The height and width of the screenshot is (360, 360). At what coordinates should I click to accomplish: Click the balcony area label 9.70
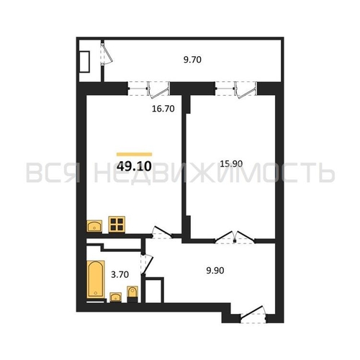192,60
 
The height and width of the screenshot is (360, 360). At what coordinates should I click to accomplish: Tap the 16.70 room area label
163,109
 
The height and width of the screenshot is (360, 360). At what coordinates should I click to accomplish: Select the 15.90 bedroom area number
231,164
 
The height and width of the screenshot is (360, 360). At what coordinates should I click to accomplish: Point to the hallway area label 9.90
215,271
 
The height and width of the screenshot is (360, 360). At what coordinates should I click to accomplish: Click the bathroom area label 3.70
120,274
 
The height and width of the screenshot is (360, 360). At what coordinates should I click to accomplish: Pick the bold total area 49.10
134,166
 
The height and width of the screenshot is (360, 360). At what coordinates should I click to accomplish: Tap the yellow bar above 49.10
134,154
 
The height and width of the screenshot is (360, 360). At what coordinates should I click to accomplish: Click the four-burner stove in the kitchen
117,225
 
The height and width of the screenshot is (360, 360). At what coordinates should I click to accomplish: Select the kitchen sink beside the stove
94,226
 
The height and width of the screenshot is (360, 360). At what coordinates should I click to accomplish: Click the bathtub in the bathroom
96,279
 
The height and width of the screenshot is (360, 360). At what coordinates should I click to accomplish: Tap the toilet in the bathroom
132,294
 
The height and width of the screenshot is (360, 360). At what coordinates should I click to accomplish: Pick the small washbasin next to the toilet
115,297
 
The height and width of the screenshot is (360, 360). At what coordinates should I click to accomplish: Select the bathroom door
146,264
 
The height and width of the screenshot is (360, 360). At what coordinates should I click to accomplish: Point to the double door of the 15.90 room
235,237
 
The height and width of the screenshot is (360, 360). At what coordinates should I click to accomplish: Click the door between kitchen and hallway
162,233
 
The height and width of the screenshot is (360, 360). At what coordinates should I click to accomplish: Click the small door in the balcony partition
106,54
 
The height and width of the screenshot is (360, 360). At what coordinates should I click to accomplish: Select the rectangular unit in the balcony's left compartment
85,61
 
